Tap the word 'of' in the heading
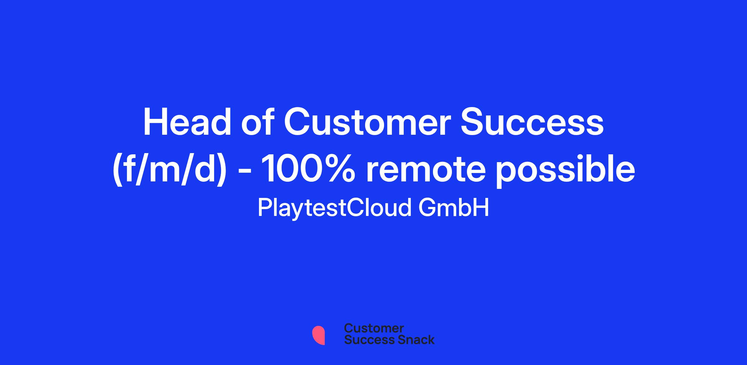point(258,122)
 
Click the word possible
point(566,171)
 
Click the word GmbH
point(454,208)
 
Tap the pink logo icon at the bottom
point(318,335)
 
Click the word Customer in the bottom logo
point(374,328)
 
